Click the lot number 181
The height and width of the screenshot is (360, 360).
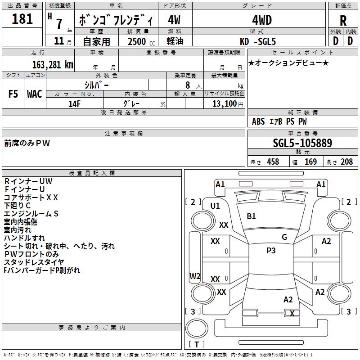coord(22,19)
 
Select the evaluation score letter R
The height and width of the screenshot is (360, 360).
coord(343,21)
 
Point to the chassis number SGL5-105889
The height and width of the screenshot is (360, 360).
coord(302,143)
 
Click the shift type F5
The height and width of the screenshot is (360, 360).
coord(13,94)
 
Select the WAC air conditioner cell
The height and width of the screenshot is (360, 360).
coord(34,94)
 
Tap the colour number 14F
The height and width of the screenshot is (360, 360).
coord(74,103)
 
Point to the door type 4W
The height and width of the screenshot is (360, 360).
coord(174,20)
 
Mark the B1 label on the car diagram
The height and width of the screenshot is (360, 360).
coord(251,216)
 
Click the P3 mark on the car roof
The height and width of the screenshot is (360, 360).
coord(271,251)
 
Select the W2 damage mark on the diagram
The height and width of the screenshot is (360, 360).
coord(194,276)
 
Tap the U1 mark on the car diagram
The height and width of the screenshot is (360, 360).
coord(215,206)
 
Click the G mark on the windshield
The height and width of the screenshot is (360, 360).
coord(284,237)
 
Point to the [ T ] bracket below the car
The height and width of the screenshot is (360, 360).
coord(196,344)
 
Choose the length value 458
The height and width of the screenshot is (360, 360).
coord(273,162)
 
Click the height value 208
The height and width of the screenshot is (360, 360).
coord(347,162)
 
